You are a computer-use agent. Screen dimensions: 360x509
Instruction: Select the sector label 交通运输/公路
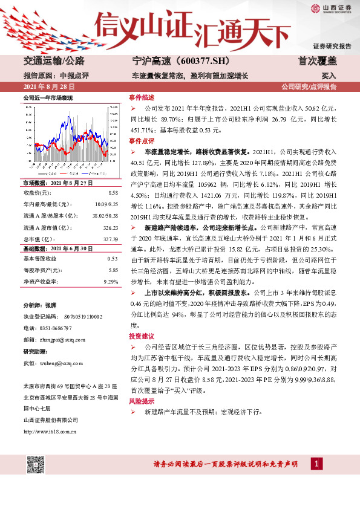[x=54, y=61]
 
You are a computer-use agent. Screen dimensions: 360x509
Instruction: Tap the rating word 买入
[x=329, y=77]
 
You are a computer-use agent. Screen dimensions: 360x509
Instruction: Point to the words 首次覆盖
[x=317, y=61]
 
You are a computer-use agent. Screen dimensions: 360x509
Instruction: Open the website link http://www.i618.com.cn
[x=50, y=431]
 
